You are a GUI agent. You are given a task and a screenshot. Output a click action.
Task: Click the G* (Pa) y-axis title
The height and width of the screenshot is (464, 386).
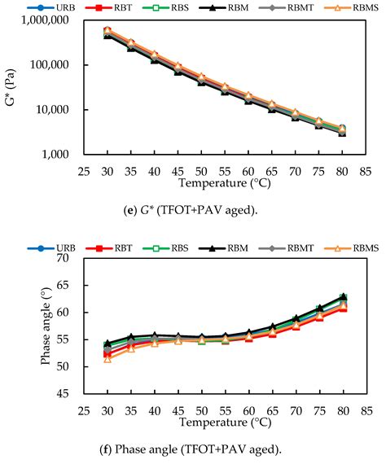coord(11,87)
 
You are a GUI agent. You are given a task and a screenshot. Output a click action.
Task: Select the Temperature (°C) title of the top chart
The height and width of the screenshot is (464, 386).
coord(226,182)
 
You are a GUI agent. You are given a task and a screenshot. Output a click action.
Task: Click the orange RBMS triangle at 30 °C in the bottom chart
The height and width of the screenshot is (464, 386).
coord(107,359)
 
